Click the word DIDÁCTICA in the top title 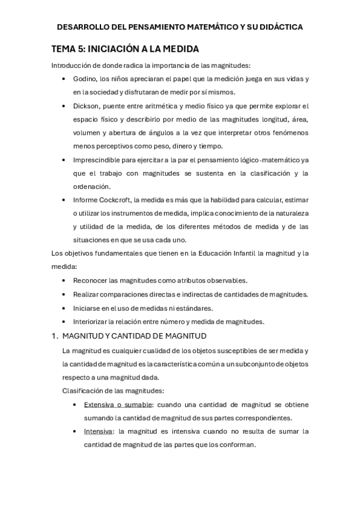(275, 27)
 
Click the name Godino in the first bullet (85, 79)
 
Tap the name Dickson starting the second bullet (87, 105)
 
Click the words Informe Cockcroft (105, 200)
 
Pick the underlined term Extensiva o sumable (119, 404)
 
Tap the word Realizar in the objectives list (88, 294)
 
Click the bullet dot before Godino (65, 79)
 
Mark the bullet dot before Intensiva (75, 431)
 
